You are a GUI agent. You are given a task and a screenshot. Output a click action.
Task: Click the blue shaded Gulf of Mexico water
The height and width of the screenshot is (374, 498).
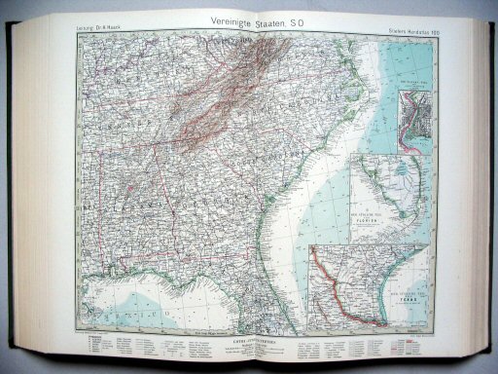point(146,302)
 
